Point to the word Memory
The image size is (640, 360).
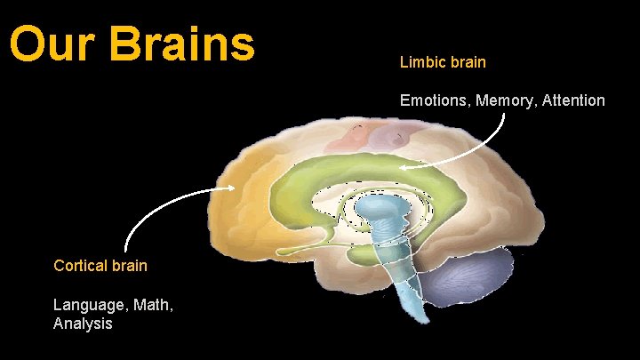pos(503,100)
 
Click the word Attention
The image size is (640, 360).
pos(572,100)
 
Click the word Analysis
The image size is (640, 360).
pos(83,324)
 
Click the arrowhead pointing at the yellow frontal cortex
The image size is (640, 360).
pos(230,188)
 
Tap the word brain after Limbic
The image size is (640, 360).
pos(467,63)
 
